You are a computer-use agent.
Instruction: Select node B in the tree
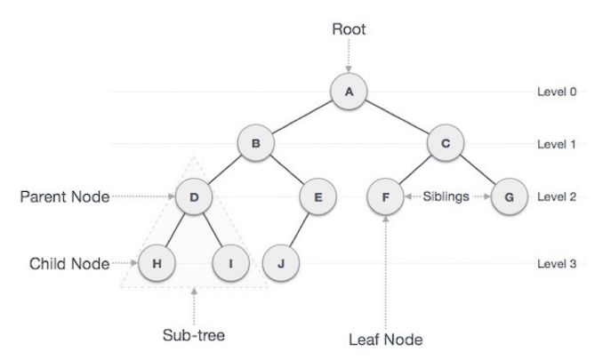point(255,142)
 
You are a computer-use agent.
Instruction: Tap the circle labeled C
point(445,142)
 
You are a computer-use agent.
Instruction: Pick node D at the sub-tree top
point(193,196)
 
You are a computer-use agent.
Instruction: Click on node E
point(318,196)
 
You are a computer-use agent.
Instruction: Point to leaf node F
point(386,196)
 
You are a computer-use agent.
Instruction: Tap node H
point(157,263)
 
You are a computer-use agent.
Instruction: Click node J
point(280,263)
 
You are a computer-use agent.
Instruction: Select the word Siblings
point(447,196)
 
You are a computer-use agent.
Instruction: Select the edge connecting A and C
point(397,116)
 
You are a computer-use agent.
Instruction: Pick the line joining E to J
point(300,229)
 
